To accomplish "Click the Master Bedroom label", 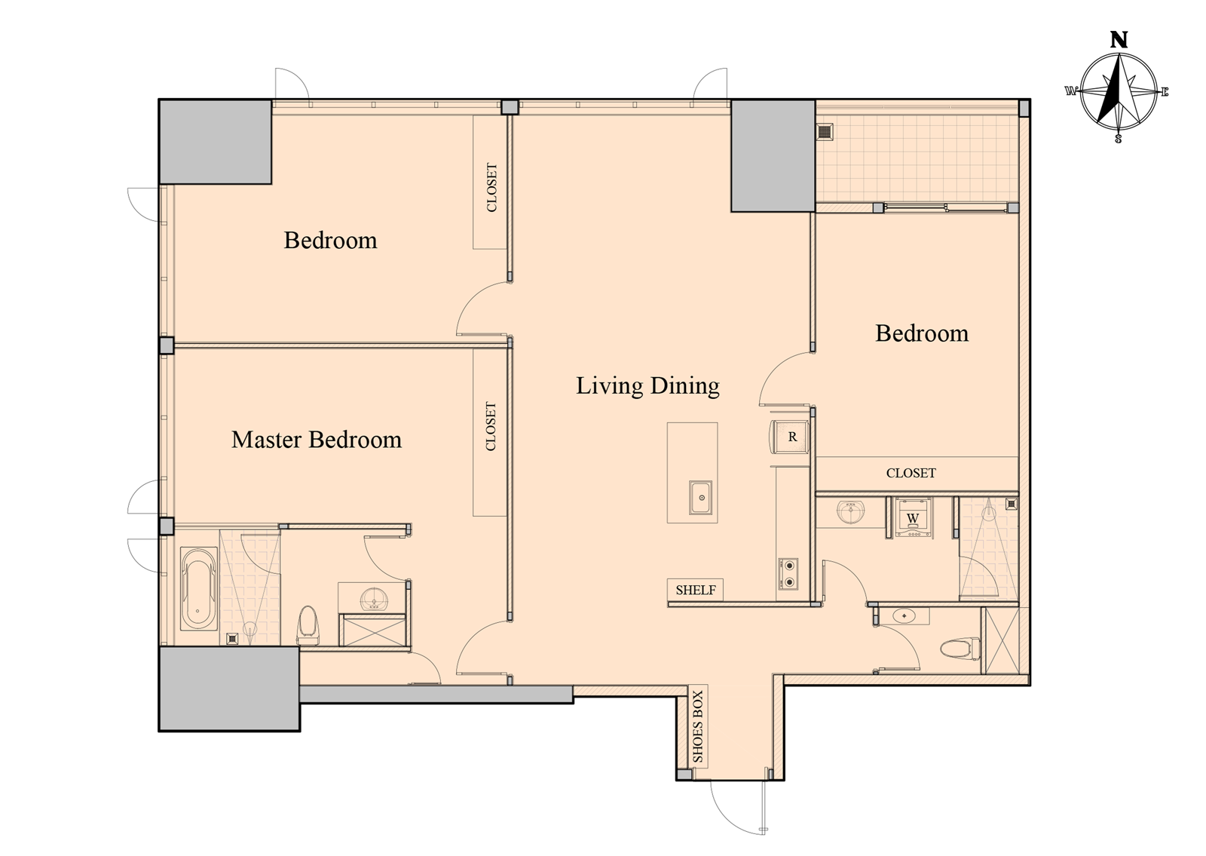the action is tap(317, 440).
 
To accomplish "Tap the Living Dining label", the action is tap(647, 385).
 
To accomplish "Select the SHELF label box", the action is tap(696, 590).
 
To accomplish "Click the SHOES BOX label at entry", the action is tap(698, 727).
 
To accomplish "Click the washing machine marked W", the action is tap(913, 517).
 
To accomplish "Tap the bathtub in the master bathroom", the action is tap(199, 589).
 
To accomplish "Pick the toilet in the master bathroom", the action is tap(308, 625).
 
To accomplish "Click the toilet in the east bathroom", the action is tap(960, 648).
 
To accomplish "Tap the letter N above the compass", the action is tap(1119, 40).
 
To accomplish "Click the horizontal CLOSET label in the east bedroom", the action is tap(911, 473).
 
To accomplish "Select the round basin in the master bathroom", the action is tap(372, 599).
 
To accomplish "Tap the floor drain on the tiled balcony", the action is tap(825, 131).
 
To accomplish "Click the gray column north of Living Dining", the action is tap(773, 155).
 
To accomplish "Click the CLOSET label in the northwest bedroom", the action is tap(491, 188).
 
